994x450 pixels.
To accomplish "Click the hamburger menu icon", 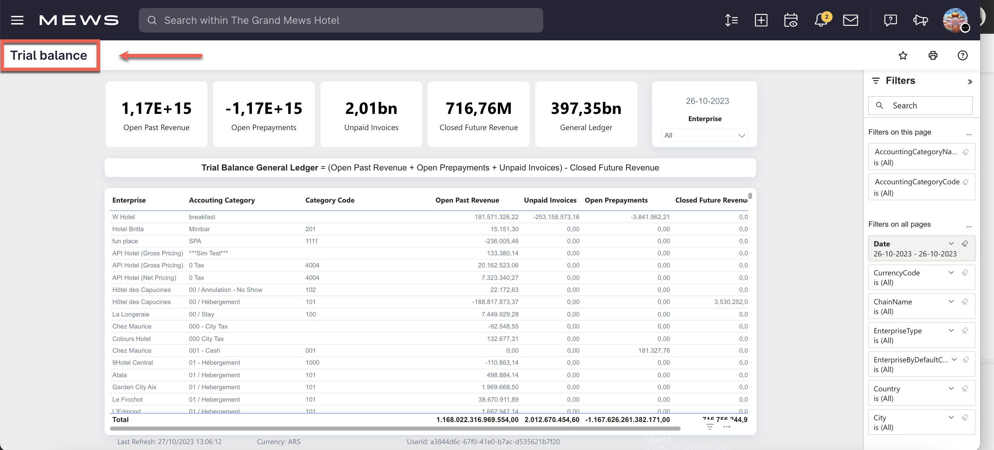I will point(17,20).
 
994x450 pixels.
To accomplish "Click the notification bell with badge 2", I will point(821,20).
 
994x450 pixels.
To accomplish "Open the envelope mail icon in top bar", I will point(850,20).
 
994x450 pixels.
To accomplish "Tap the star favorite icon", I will point(903,56).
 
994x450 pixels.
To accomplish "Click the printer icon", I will point(933,56).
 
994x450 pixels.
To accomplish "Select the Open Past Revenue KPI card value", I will point(156,108).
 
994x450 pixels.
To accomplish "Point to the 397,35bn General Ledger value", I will point(586,108).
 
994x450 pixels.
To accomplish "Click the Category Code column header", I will point(330,200).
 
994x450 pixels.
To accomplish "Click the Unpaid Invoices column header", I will point(550,200).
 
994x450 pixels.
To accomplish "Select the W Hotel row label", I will point(124,217).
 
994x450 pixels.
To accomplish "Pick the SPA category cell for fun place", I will point(195,241).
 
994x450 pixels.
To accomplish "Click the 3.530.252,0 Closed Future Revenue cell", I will point(730,302).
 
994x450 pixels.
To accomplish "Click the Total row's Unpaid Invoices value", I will point(552,420).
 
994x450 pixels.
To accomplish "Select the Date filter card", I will point(915,248).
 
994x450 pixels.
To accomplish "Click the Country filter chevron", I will point(951,389).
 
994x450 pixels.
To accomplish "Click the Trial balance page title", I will point(49,56).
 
